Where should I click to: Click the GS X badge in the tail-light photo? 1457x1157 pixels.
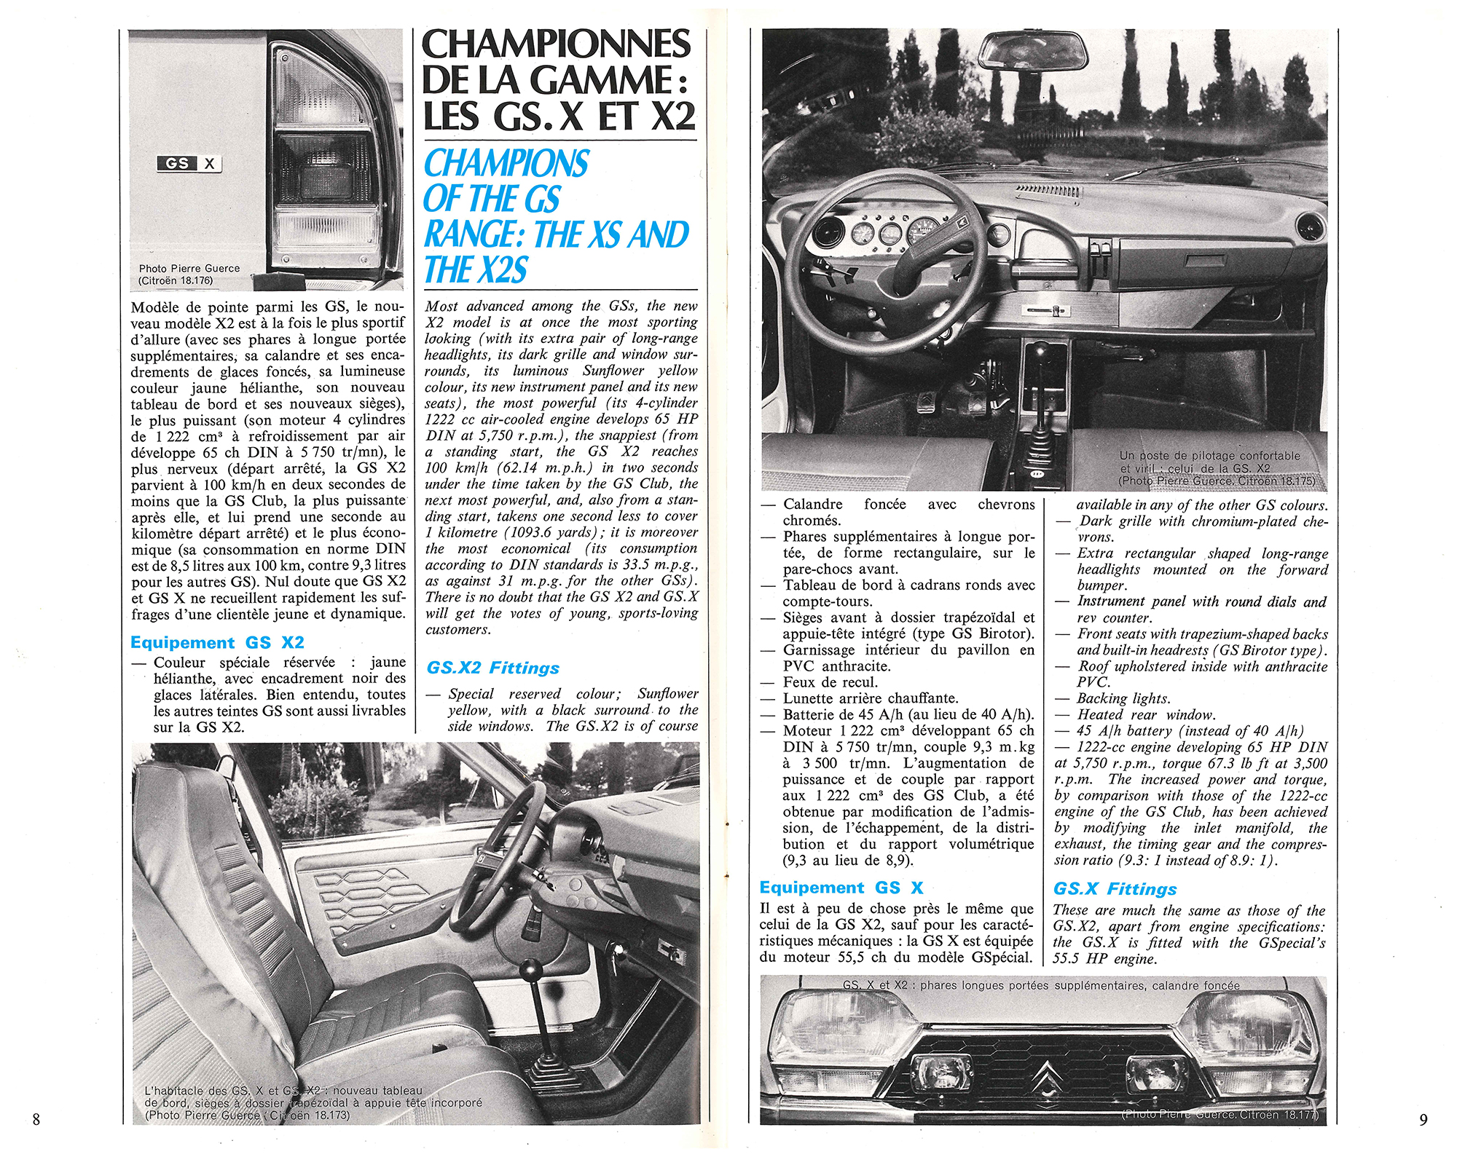click(189, 164)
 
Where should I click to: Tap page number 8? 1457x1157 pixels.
click(36, 1119)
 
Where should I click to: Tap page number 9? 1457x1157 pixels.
click(1423, 1119)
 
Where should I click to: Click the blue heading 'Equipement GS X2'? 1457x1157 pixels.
click(217, 642)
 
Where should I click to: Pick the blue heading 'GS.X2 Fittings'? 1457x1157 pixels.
click(493, 668)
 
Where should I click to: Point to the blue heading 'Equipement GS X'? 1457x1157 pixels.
click(841, 887)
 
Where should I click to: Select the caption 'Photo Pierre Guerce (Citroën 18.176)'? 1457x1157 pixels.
click(189, 274)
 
